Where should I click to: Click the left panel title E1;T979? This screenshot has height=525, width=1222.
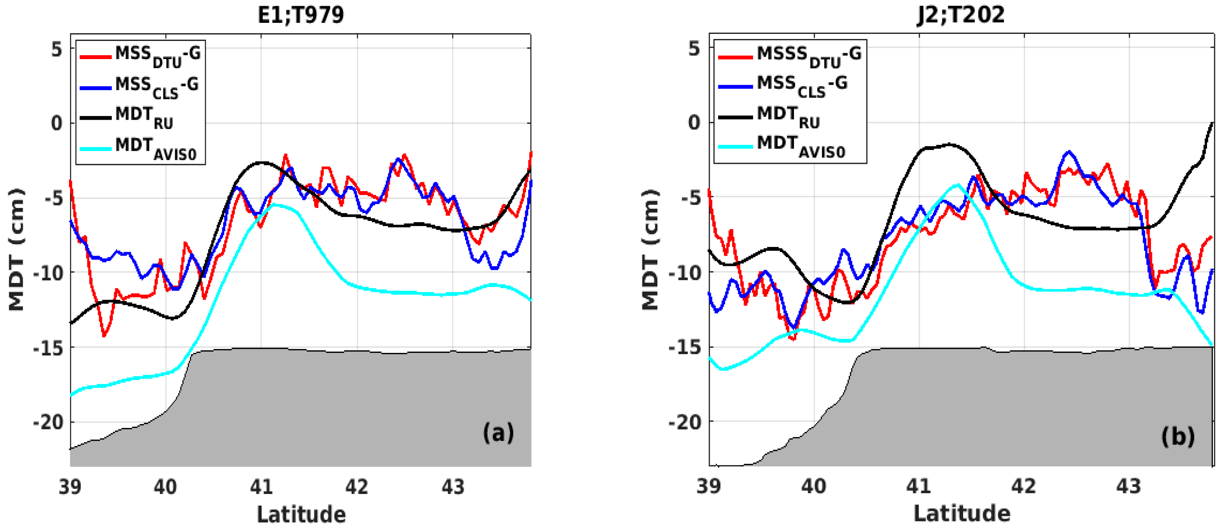(300, 15)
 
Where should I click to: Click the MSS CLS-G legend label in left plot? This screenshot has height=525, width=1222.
(157, 87)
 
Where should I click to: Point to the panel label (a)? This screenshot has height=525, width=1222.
(498, 433)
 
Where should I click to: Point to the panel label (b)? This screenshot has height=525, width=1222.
(1178, 436)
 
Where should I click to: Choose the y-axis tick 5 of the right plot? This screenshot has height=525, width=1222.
(694, 48)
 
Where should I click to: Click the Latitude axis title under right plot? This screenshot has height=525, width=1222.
(962, 514)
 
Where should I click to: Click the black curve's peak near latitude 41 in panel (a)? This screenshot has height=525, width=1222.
(261, 163)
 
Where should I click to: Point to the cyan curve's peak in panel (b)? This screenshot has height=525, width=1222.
(958, 185)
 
